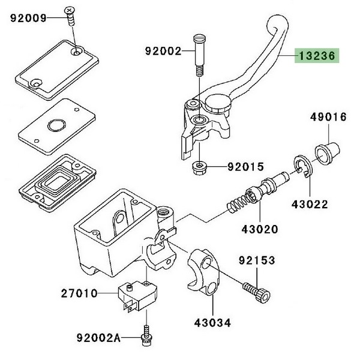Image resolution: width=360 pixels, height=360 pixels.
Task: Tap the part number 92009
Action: point(28,18)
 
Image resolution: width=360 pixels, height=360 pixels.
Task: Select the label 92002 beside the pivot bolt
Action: point(163,52)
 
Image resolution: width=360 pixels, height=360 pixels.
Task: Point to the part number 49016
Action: point(328,117)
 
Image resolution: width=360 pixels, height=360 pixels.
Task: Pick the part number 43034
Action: point(212,323)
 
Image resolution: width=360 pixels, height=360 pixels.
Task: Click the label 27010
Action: point(79,294)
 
